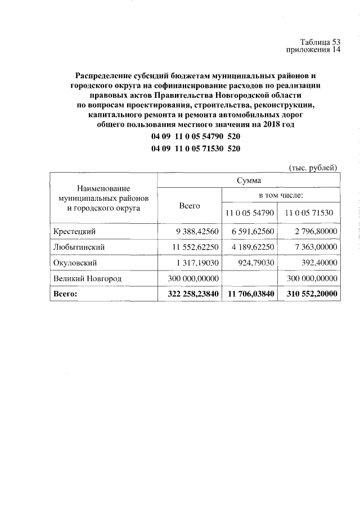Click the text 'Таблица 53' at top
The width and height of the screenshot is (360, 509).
320,42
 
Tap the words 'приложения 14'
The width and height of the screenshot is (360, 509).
314,50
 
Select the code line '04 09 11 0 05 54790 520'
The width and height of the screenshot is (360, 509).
196,137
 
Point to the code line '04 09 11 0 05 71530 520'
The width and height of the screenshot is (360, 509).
196,148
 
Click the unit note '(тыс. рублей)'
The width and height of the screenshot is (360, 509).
313,167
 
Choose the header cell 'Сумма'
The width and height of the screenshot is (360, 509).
248,180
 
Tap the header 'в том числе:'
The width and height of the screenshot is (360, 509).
281,195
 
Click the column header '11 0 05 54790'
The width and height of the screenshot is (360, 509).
249,213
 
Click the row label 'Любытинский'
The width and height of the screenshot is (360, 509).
79,246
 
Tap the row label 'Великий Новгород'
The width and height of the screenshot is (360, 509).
88,278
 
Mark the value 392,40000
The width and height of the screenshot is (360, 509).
318,262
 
